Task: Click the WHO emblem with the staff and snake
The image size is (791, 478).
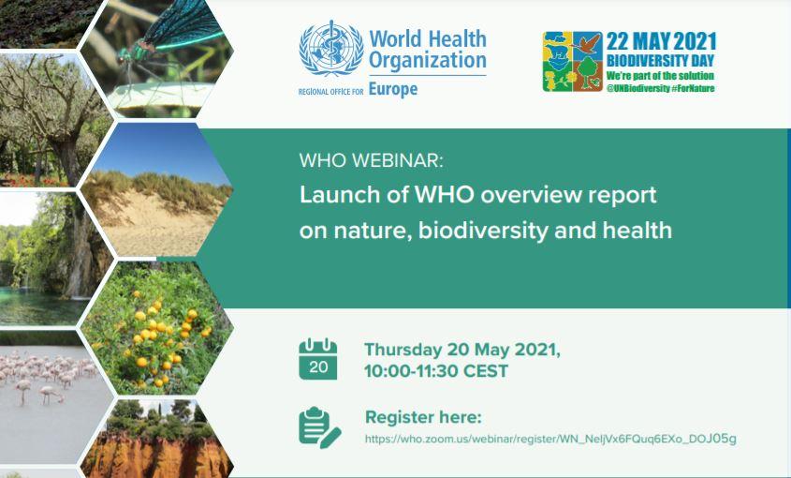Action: point(331,49)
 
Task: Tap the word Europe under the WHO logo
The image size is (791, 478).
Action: point(393,89)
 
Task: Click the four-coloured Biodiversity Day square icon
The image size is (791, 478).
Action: point(573,62)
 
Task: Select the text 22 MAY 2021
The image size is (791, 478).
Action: point(662,41)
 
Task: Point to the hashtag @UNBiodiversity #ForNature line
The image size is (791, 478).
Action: point(660,88)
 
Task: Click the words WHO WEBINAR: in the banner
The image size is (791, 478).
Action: point(372,160)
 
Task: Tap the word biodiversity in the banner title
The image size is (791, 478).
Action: point(483,231)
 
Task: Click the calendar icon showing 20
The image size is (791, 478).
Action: point(318,359)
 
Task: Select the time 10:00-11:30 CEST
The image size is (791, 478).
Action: point(436,371)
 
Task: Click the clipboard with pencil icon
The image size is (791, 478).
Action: point(319,427)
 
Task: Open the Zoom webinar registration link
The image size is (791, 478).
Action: point(550,439)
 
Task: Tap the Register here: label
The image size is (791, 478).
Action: point(423,417)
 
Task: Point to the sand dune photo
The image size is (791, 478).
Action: point(157,190)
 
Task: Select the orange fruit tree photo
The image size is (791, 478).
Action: point(157,327)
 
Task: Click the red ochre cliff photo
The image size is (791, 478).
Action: point(157,439)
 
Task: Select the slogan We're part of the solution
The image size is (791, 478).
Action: point(660,76)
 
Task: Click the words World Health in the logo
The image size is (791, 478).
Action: point(428,39)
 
